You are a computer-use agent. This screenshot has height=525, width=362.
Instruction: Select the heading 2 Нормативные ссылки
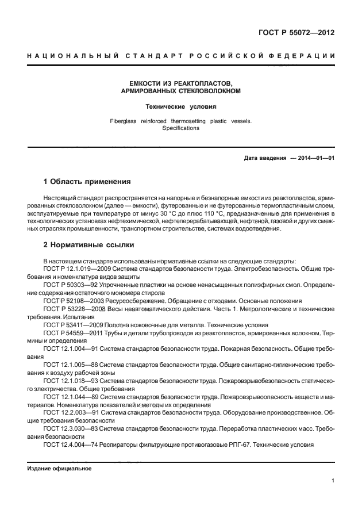(88, 244)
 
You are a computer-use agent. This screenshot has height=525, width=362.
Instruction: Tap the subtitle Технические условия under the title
(180, 106)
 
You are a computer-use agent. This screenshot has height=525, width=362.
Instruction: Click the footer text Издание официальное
(60, 469)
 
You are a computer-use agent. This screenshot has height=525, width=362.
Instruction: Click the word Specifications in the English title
(180, 128)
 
